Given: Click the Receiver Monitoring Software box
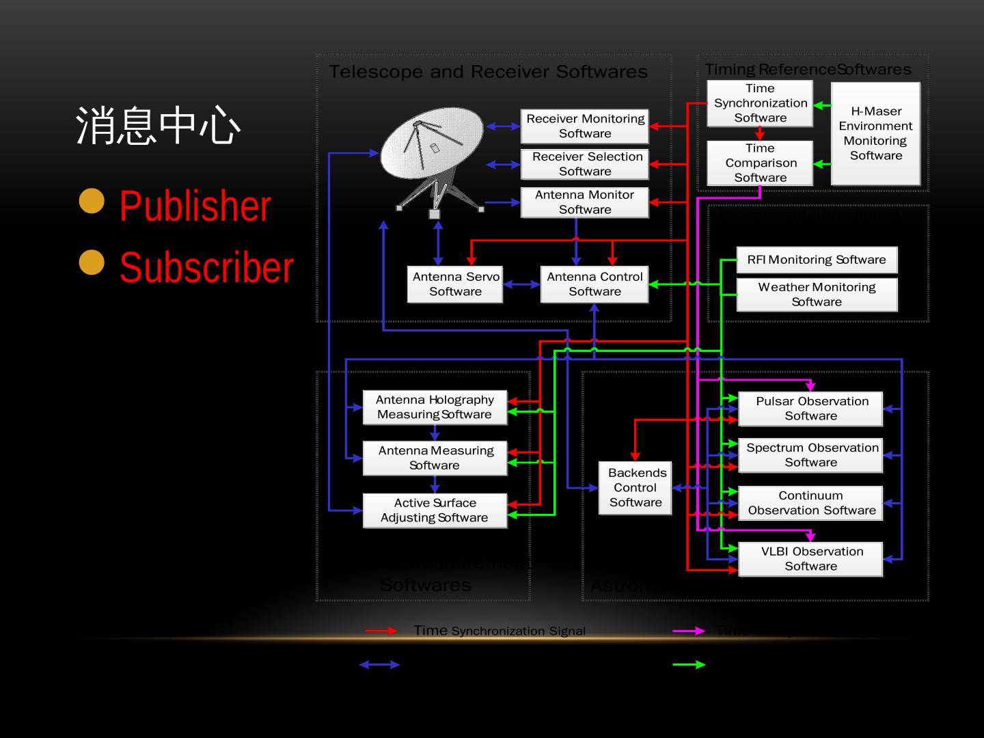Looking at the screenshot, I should [584, 126].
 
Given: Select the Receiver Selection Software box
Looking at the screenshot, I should [584, 164].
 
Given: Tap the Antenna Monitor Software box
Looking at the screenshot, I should [584, 202].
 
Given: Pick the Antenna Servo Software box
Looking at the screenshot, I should [455, 284].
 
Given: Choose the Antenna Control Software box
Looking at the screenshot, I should [594, 284].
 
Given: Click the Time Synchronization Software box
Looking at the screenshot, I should [760, 103].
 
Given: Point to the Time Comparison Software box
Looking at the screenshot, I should [760, 163].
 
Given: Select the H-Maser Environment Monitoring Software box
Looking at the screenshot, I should [875, 133].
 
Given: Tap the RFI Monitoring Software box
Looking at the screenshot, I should [817, 260].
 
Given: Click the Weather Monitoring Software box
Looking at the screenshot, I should [817, 295].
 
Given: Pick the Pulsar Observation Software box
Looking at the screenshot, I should [810, 409].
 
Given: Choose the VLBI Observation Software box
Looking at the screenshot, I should [810, 559].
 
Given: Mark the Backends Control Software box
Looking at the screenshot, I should [635, 488].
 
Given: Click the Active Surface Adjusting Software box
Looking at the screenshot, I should [435, 510].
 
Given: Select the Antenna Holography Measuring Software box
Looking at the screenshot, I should [435, 407].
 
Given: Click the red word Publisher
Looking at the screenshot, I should [195, 206].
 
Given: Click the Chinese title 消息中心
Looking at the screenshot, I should [158, 126].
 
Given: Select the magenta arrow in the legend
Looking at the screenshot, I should [689, 631].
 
